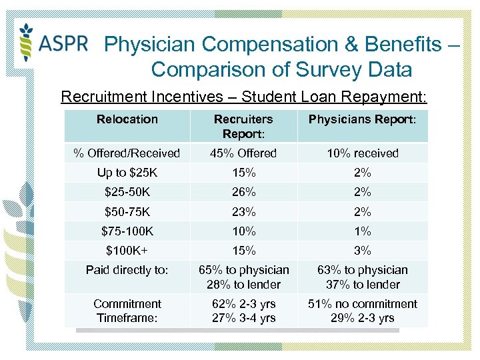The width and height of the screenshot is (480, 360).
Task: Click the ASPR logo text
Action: pos(63,43)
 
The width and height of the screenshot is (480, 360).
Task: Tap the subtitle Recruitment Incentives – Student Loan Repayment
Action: pos(243,97)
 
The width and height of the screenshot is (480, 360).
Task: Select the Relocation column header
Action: pos(127,119)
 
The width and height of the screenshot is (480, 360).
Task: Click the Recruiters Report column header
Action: pos(243,126)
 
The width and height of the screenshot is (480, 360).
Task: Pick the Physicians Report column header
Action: pos(362,119)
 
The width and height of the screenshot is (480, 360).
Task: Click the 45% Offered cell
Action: pos(243,153)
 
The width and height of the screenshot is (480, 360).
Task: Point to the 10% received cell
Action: pos(362,153)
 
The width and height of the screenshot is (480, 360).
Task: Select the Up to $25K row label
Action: pos(127,173)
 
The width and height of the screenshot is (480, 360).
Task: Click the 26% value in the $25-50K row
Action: pos(243,192)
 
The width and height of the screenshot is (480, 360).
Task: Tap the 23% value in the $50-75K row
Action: pos(243,212)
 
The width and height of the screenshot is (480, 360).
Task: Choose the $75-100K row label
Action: pos(127,231)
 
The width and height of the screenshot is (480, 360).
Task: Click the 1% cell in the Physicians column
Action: pos(362,231)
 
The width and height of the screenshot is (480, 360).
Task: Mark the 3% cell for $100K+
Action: pos(362,251)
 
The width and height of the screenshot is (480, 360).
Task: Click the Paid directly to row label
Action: pos(127,270)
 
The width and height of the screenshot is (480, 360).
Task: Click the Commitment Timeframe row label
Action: pos(127,311)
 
